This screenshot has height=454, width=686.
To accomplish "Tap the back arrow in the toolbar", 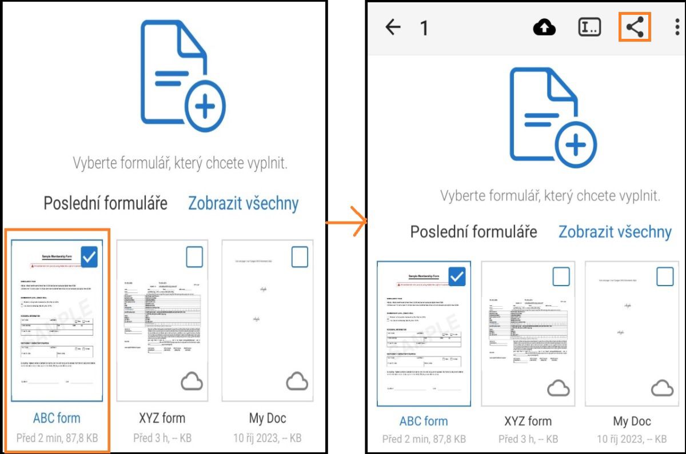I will [393, 27].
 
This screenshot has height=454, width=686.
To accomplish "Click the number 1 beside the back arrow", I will [424, 28].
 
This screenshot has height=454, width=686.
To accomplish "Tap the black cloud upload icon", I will [544, 27].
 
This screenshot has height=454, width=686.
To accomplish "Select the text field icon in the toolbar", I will [589, 27].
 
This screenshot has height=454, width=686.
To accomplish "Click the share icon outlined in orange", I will [635, 27].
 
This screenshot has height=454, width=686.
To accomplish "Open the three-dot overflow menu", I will [677, 27].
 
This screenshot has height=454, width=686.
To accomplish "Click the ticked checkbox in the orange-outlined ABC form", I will [90, 257].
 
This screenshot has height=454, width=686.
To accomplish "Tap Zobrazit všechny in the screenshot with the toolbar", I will [615, 232].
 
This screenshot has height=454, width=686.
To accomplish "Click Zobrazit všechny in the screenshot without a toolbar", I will [244, 203].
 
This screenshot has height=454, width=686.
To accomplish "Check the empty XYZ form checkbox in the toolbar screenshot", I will [561, 277].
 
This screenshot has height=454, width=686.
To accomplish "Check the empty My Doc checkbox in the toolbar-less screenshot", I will [300, 257].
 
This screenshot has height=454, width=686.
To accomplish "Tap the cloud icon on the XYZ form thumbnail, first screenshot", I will [192, 381].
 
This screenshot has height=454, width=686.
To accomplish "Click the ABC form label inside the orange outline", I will [57, 417].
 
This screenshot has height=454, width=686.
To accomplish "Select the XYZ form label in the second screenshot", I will [528, 421].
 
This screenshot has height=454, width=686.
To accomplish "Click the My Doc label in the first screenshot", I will [268, 417].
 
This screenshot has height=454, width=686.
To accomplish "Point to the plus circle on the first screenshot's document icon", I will [206, 106].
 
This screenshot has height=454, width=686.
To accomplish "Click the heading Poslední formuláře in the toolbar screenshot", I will [473, 232].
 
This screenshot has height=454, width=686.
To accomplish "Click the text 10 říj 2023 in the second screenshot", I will [615, 439].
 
